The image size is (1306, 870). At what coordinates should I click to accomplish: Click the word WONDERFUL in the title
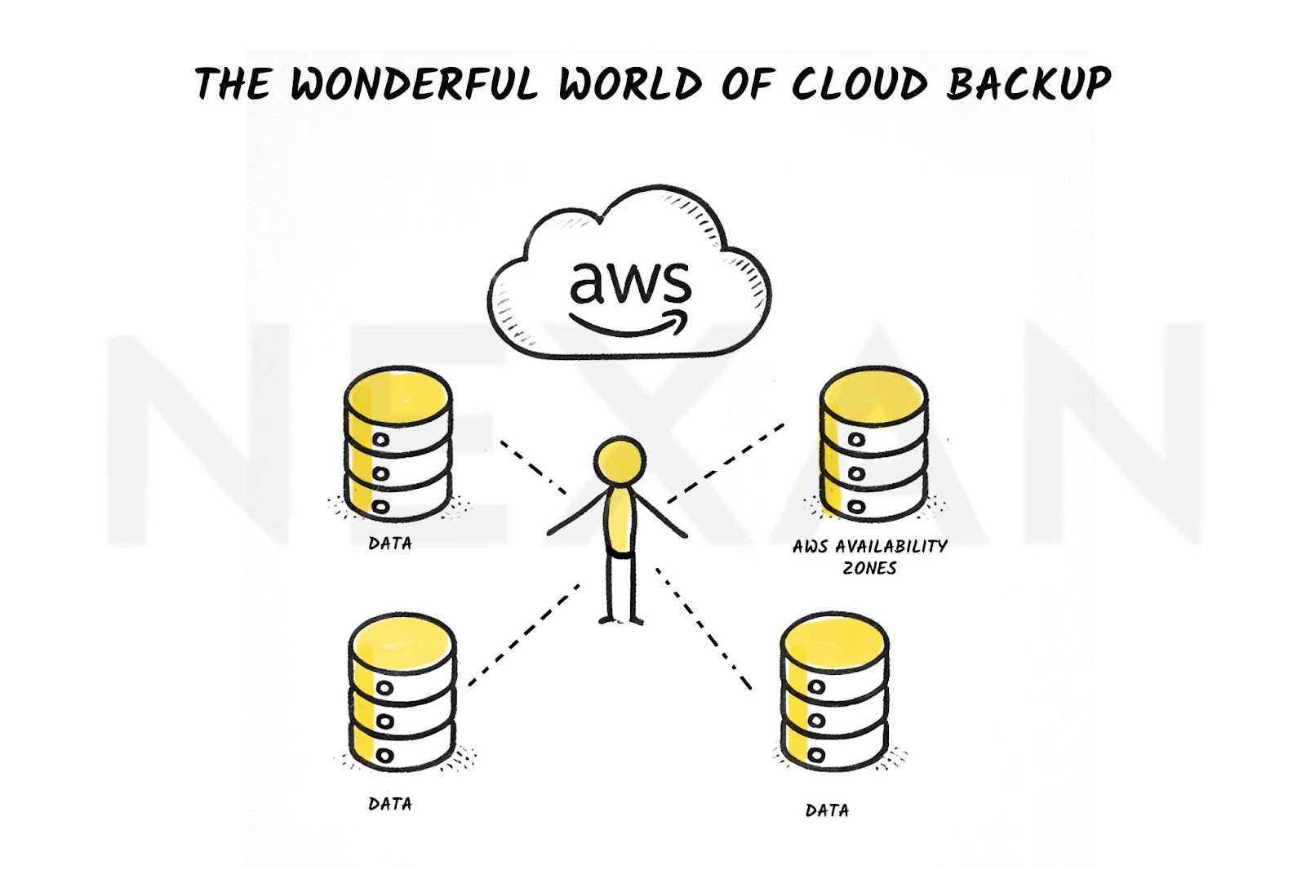(x=413, y=83)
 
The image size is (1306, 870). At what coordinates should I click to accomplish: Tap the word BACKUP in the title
(x=1029, y=83)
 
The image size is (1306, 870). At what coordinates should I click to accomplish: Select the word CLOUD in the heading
(x=859, y=83)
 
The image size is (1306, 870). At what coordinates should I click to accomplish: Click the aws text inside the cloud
(x=630, y=283)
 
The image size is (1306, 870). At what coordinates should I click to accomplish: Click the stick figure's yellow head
(x=620, y=459)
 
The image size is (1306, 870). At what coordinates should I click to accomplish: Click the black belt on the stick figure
(x=620, y=553)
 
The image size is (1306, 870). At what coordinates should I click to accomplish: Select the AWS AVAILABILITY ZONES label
(x=869, y=557)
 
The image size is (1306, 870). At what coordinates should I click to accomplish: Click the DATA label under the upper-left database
(x=390, y=544)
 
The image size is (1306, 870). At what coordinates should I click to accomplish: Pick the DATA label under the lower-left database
(x=390, y=804)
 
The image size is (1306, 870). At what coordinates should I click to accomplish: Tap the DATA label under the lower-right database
(x=827, y=810)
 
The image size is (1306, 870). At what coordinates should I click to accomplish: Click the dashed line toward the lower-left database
(x=524, y=634)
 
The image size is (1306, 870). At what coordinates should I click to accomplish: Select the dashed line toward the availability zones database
(x=726, y=463)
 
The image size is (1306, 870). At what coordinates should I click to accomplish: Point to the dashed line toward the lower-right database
(x=703, y=628)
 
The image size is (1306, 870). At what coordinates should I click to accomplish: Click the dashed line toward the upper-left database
(x=533, y=468)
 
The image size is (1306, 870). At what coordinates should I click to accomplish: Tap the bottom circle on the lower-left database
(x=384, y=756)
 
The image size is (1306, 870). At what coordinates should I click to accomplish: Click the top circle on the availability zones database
(x=856, y=439)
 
